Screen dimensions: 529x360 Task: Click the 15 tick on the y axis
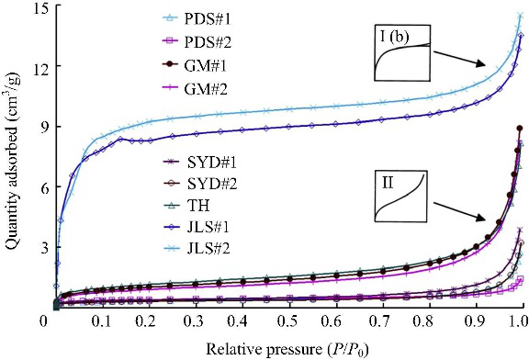tap(39, 7)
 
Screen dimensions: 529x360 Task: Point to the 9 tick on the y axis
tap(43, 127)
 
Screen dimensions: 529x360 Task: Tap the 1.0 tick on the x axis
tap(519, 321)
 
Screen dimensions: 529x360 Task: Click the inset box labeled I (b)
tap(402, 52)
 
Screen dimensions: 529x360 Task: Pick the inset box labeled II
tap(401, 196)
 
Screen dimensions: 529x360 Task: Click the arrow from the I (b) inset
tap(460, 59)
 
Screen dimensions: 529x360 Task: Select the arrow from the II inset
tap(460, 212)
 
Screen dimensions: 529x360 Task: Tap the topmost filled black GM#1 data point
tap(520, 129)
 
